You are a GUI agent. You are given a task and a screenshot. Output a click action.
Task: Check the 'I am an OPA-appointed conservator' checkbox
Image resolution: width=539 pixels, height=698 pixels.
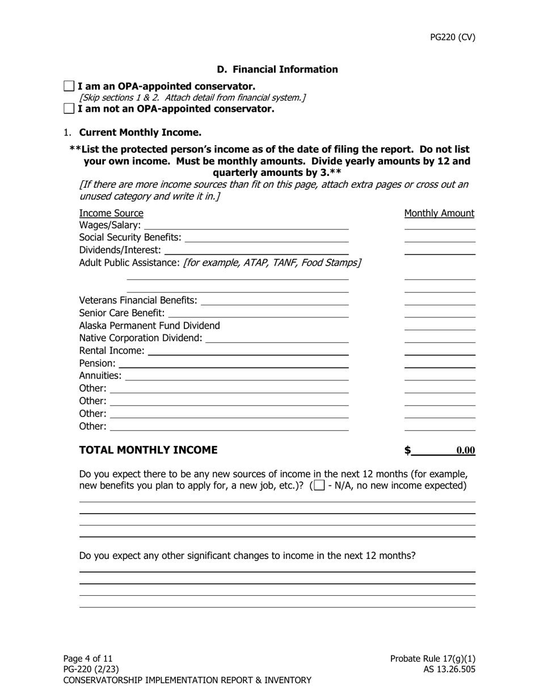pyautogui.click(x=69, y=86)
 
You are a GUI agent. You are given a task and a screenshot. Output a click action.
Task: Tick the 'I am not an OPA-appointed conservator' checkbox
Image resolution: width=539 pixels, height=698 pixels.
pyautogui.click(x=69, y=108)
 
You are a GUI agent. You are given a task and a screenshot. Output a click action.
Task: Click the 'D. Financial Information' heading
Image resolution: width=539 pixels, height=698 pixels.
pyautogui.click(x=277, y=69)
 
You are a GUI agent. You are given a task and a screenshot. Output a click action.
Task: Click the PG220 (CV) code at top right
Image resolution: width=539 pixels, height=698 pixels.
pyautogui.click(x=452, y=37)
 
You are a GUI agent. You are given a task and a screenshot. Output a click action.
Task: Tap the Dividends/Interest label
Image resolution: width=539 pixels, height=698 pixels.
pyautogui.click(x=120, y=250)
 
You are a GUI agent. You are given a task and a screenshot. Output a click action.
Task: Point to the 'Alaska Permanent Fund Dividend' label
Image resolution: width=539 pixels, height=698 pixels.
pyautogui.click(x=149, y=325)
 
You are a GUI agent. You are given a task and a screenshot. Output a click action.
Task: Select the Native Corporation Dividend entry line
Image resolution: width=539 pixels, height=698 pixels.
pyautogui.click(x=277, y=338)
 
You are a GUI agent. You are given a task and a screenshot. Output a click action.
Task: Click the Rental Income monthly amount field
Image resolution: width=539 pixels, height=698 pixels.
pyautogui.click(x=439, y=350)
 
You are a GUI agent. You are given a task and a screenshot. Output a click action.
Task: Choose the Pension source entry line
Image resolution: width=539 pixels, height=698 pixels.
pyautogui.click(x=233, y=363)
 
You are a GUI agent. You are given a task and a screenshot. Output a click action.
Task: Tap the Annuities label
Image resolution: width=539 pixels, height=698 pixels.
pyautogui.click(x=100, y=376)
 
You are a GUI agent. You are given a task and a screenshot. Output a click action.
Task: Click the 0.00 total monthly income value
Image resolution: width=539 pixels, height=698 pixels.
pyautogui.click(x=465, y=451)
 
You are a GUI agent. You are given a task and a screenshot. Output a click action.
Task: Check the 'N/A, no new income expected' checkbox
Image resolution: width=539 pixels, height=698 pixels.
pyautogui.click(x=319, y=485)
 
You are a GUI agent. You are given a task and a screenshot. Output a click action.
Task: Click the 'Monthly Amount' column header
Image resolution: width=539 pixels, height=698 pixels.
pyautogui.click(x=439, y=213)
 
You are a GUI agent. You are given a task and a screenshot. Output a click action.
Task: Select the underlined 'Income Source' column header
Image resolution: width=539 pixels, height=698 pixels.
pyautogui.click(x=111, y=213)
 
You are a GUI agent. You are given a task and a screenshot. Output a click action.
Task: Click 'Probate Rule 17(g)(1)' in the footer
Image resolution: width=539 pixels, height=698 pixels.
pyautogui.click(x=432, y=658)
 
